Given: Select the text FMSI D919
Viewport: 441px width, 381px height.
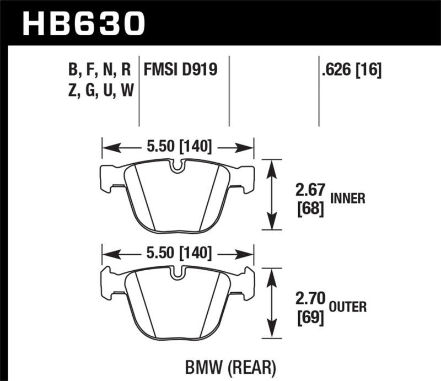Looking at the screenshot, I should coord(180,70).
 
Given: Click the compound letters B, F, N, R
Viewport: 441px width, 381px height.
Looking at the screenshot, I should coord(99,70).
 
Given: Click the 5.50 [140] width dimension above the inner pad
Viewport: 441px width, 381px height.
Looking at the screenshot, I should coord(178,147).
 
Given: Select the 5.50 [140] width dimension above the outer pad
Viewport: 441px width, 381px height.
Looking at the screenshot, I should coord(178,253).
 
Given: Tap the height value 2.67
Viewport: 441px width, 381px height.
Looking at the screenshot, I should coord(308,191).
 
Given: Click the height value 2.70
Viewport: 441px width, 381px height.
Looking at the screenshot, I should coord(308,300).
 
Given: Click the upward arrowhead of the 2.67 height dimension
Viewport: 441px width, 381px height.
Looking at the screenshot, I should coord(270,166).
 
